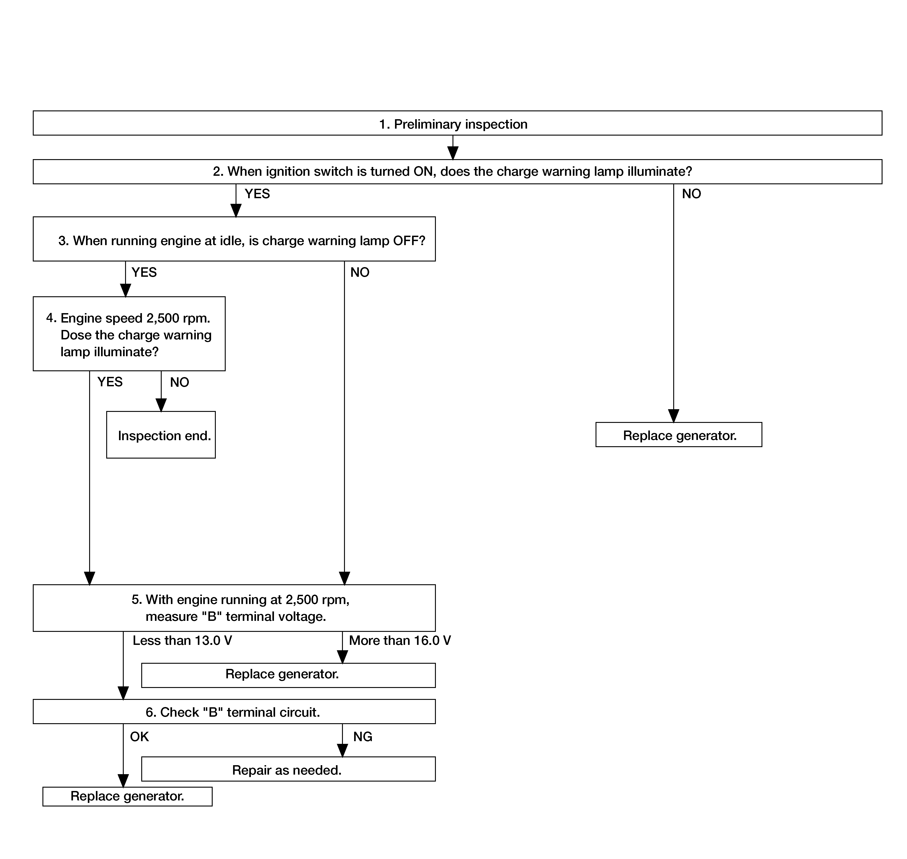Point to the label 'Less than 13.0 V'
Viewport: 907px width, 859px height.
click(x=182, y=640)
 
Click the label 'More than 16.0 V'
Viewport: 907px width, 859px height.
click(x=400, y=640)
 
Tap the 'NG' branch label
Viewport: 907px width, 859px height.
click(x=363, y=736)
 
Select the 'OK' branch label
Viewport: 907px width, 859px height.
click(x=139, y=736)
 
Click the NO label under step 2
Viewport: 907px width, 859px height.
click(x=691, y=194)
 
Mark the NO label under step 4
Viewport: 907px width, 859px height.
click(x=180, y=382)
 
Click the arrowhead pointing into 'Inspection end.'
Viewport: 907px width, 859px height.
click(x=161, y=405)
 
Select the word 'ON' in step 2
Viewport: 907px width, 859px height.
click(x=423, y=171)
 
